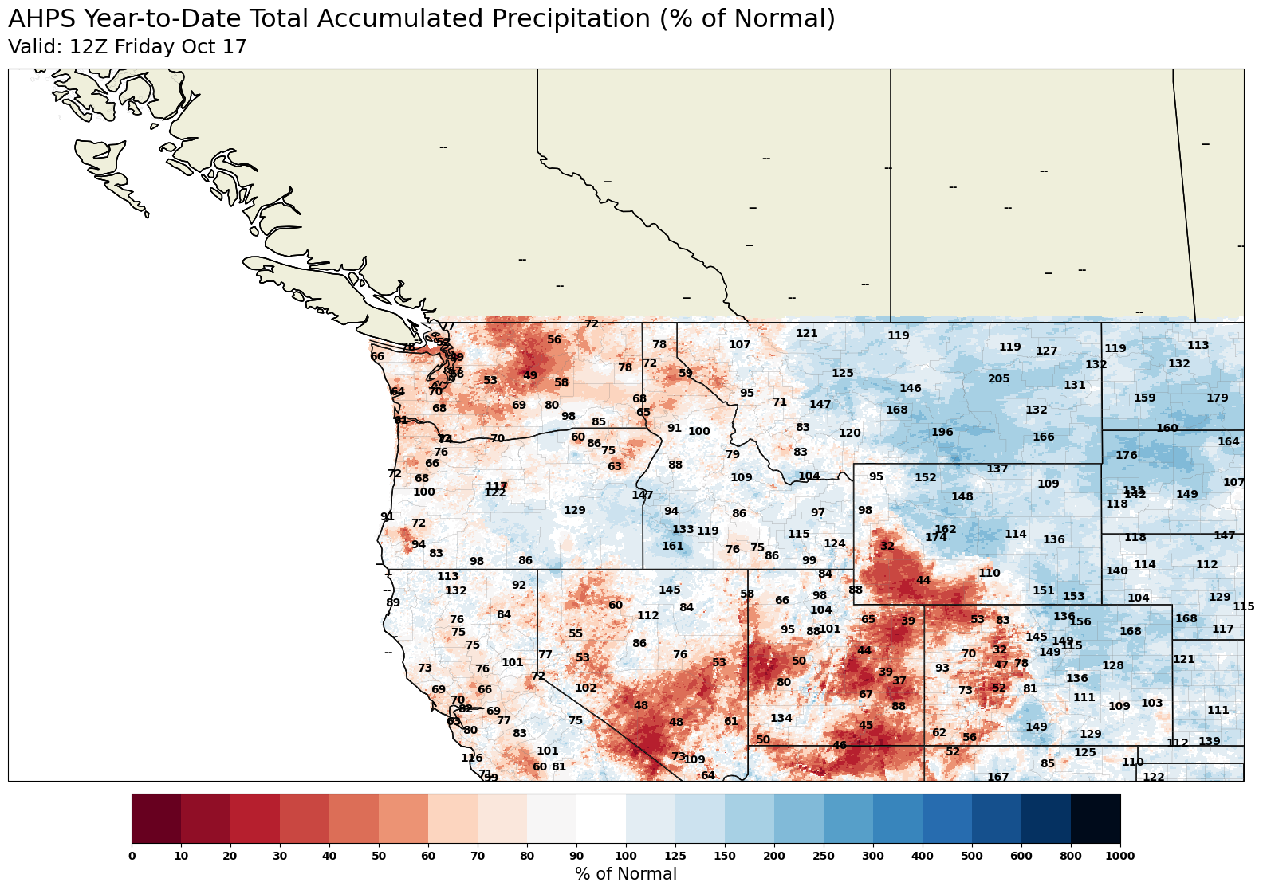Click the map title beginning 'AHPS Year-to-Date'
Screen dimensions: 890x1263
[421, 19]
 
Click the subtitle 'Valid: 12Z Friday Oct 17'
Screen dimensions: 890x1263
[127, 47]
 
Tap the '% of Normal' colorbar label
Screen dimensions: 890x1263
[625, 874]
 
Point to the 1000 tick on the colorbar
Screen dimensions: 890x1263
[1119, 856]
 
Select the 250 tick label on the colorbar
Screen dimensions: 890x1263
[823, 856]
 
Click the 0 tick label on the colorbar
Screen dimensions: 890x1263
[132, 856]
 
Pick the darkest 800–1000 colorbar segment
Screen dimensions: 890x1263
[1095, 818]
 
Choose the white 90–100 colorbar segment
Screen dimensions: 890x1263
[600, 818]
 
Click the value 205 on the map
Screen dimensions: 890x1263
[998, 379]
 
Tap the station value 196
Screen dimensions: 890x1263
[942, 433]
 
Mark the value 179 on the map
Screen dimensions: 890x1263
[1217, 398]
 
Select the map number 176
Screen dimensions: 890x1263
[1126, 456]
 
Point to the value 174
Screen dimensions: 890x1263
[935, 538]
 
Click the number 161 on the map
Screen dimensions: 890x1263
[672, 547]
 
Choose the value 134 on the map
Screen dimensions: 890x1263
[781, 719]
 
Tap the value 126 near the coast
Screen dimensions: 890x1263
[471, 759]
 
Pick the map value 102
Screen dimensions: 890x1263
[585, 688]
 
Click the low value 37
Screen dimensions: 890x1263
[899, 681]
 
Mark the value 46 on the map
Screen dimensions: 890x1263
[839, 746]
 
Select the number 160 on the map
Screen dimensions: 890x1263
[1167, 429]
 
